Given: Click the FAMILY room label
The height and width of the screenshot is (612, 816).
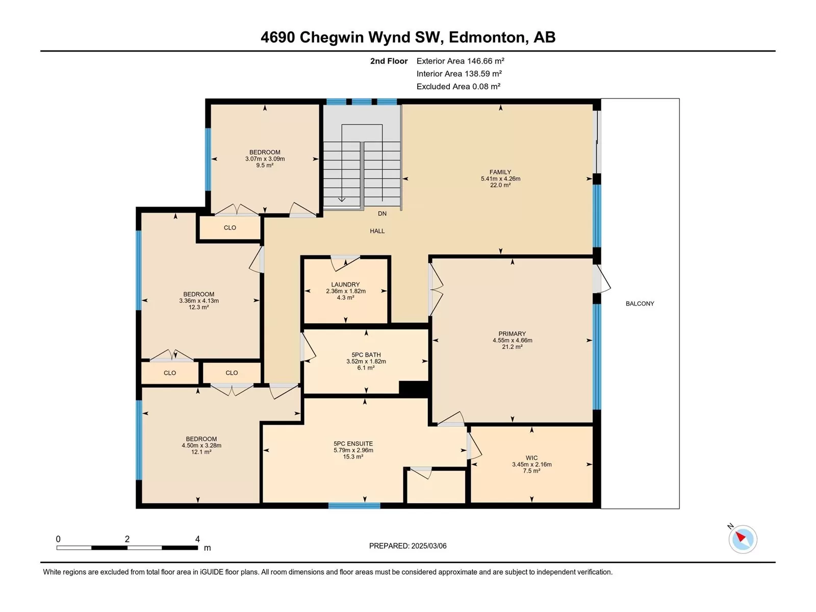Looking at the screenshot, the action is tap(500, 172).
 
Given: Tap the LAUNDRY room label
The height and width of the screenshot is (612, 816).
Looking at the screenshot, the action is tap(345, 285).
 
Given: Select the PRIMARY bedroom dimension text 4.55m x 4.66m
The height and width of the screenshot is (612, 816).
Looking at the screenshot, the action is tap(512, 340).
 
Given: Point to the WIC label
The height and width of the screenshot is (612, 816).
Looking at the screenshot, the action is tap(531, 458).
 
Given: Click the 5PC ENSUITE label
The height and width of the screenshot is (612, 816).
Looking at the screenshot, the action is tap(353, 444).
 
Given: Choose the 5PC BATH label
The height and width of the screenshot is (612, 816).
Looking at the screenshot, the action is tap(366, 355).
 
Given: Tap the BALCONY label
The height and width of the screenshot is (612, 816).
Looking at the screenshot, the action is tap(640, 303).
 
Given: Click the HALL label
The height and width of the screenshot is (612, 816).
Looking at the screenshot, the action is tap(377, 231).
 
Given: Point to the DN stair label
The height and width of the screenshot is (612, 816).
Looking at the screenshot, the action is tap(382, 214).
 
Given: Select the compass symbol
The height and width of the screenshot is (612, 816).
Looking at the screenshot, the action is tap(743, 539).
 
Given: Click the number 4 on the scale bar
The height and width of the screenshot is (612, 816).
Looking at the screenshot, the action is tap(197, 539).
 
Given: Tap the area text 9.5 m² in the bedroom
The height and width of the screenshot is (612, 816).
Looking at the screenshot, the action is tap(265, 165).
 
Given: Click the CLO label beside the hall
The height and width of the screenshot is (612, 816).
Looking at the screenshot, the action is tap(229, 228).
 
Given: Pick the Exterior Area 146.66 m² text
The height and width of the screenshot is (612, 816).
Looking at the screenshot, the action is tap(460, 61).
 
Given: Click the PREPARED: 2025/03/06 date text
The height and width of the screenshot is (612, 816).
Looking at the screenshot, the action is tap(408, 546).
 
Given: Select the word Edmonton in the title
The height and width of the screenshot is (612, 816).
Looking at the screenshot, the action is tap(487, 37).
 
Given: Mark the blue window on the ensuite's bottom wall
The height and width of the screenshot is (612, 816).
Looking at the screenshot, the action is tap(354, 505).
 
